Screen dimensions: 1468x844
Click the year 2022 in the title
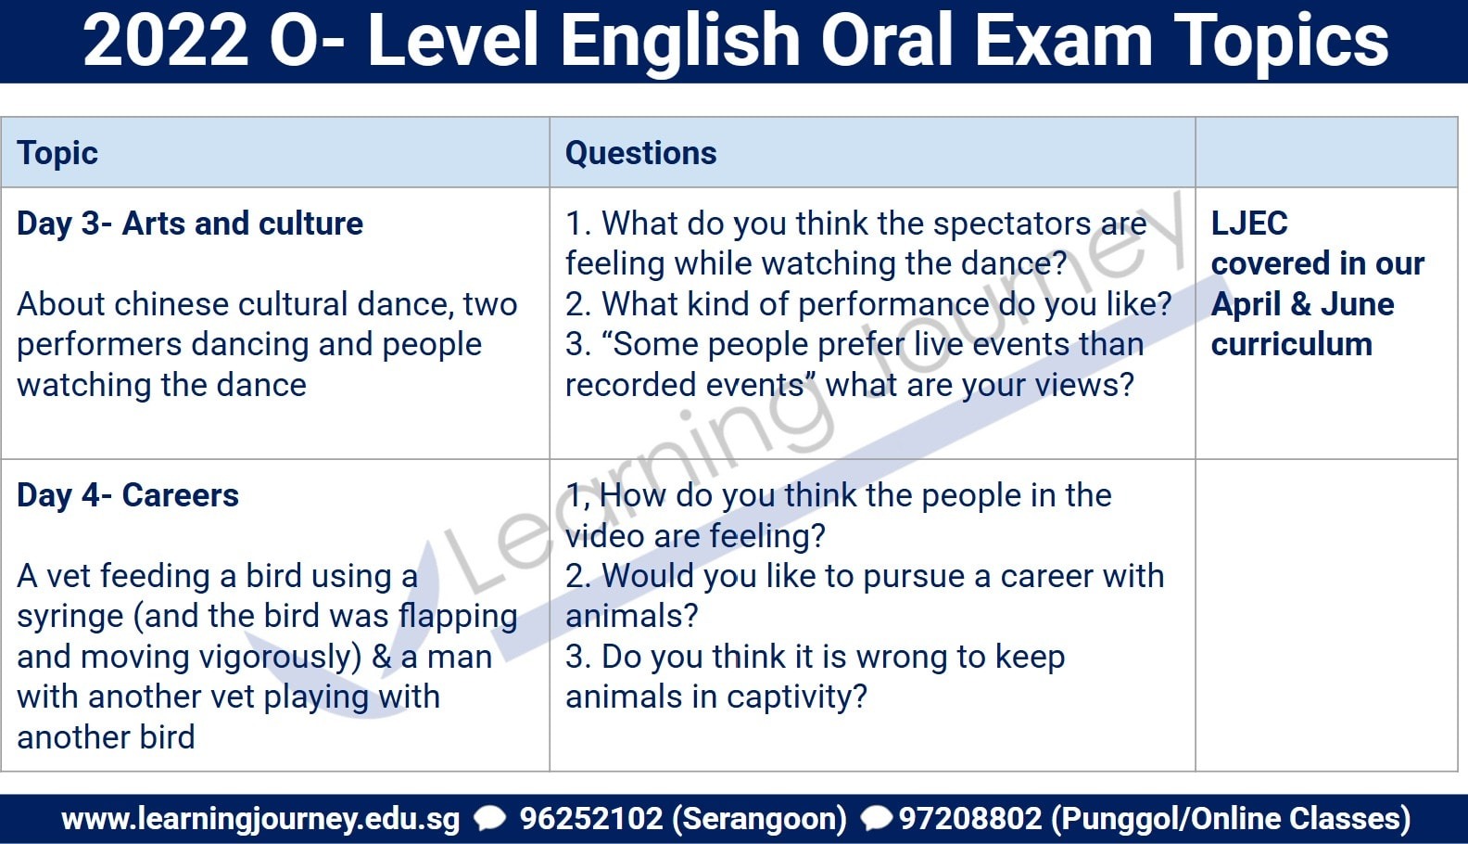[x=165, y=41]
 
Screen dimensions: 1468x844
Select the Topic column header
[x=57, y=153]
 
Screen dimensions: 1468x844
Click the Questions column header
[x=641, y=153]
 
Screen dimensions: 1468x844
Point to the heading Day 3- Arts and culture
[x=189, y=223]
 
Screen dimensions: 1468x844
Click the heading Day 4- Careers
[x=128, y=494]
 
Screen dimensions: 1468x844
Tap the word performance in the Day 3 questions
[x=894, y=305]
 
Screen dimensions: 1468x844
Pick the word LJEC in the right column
[x=1249, y=223]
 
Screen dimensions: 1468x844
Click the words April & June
[x=1302, y=303]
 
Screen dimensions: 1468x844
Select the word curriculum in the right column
[x=1291, y=344]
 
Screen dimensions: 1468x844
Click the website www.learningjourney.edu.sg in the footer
[x=260, y=818]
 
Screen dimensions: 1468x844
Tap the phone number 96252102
[x=590, y=818]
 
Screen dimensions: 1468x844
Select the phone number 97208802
[x=970, y=818]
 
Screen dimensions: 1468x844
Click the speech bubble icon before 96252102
[x=489, y=818]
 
